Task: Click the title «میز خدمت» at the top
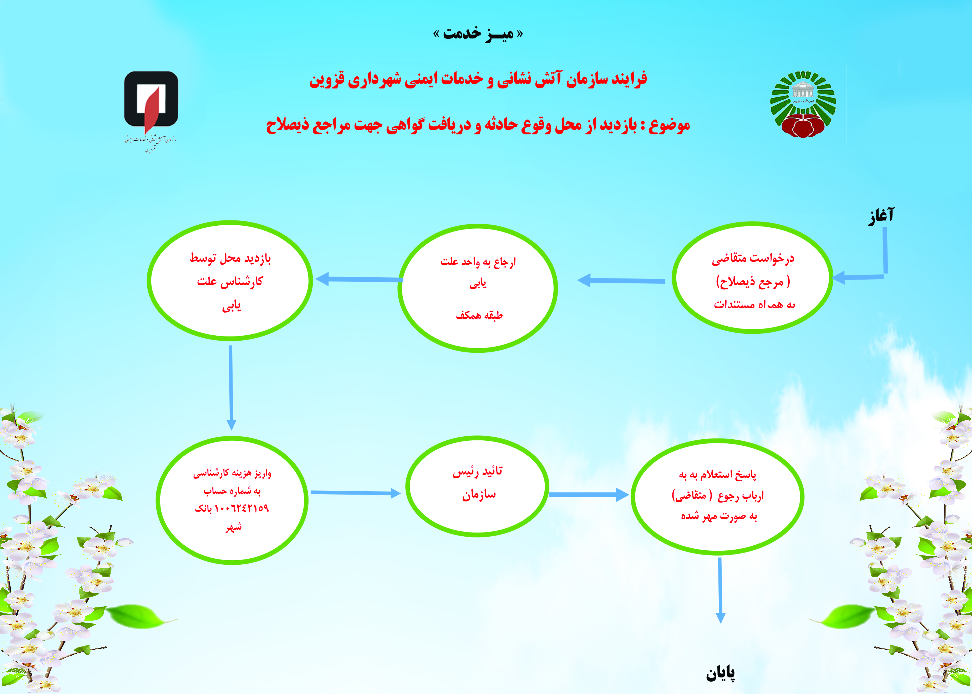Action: click(478, 33)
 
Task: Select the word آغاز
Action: click(881, 216)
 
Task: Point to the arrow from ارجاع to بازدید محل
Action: click(359, 279)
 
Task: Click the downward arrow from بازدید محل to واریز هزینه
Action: click(231, 388)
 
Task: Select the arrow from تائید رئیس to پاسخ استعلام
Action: click(589, 495)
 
